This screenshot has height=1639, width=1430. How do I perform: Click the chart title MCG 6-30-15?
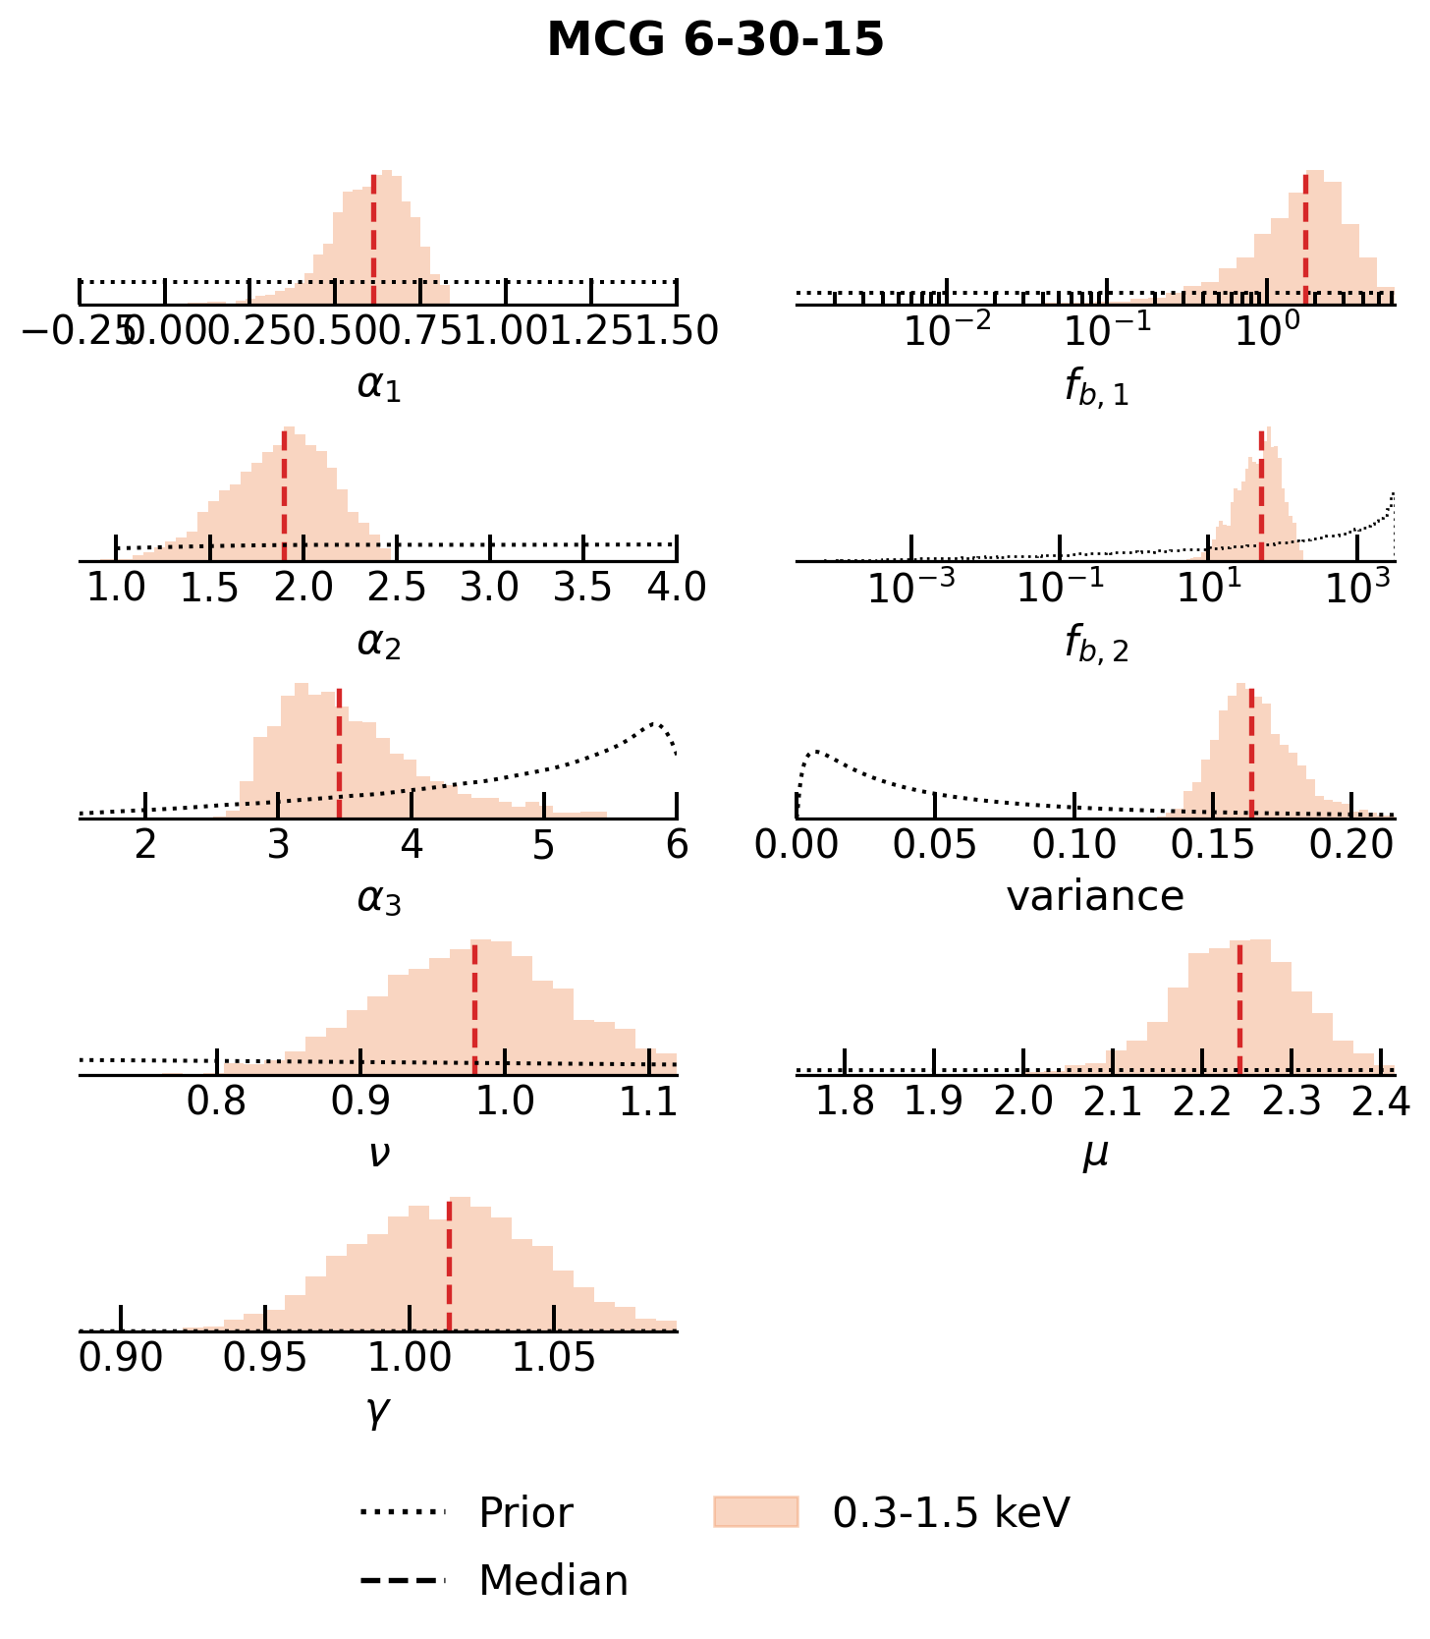(715, 41)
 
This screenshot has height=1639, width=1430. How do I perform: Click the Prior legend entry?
(524, 1512)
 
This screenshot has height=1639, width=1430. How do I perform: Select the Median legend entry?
(552, 1580)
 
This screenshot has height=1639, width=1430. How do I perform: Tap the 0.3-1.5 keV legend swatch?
(755, 1511)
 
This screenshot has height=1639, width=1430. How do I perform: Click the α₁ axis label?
(379, 386)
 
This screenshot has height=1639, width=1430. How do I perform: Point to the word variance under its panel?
(1095, 896)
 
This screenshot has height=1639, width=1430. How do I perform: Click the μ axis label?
(1095, 1154)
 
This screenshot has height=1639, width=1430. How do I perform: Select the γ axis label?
(378, 1411)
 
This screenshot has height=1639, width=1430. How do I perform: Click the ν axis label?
(379, 1154)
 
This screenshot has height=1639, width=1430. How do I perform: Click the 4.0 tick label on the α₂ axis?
(677, 588)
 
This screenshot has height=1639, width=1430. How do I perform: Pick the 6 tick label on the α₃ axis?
(677, 844)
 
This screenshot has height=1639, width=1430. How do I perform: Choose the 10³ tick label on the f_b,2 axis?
(1357, 588)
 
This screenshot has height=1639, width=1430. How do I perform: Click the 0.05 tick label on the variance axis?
(934, 844)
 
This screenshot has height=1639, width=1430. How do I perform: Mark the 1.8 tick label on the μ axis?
(845, 1102)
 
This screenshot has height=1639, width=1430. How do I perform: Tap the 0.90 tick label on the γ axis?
(121, 1358)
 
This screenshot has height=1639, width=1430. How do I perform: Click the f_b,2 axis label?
(1096, 644)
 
